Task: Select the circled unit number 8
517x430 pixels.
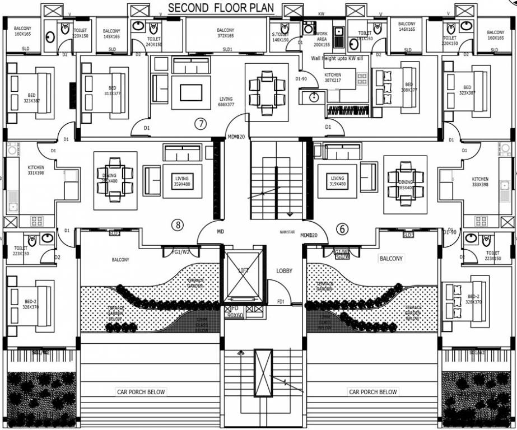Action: point(178,225)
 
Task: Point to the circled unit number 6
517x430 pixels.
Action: point(342,228)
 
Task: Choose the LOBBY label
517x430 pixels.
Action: point(285,270)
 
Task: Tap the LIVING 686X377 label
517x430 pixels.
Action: point(226,102)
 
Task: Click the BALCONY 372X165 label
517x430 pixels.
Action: point(225,33)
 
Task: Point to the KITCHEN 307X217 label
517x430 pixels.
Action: point(333,78)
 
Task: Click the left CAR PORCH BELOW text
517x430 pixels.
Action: point(141,392)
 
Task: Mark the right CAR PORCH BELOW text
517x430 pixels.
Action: point(373,392)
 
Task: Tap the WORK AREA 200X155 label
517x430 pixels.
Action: point(323,41)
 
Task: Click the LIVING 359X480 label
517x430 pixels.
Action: point(182,181)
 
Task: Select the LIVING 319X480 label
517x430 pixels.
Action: point(338,181)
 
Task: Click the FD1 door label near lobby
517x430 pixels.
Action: point(280,302)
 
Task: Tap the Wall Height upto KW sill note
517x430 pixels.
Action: point(341,58)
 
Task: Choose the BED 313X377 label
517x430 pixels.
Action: point(113,91)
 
